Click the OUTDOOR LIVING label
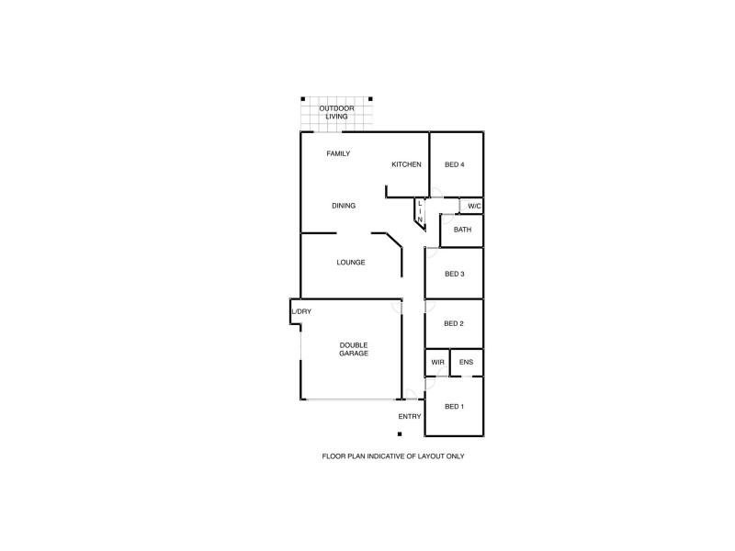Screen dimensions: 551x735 [336, 113]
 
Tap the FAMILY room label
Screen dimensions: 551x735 [338, 153]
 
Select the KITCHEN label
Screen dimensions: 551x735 [406, 164]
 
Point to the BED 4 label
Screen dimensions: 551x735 [455, 164]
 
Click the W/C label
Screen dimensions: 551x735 [474, 206]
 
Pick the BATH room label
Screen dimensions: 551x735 [462, 230]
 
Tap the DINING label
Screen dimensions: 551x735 [344, 206]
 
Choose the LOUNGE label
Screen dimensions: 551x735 [351, 263]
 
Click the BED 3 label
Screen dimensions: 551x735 [455, 274]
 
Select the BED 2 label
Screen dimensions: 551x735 [454, 323]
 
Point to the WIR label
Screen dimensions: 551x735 [437, 363]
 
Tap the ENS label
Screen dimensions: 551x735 [467, 363]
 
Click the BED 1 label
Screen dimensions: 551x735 [455, 407]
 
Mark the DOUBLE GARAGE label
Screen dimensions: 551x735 [354, 349]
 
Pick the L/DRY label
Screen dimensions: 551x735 [301, 312]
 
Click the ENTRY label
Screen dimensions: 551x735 [410, 417]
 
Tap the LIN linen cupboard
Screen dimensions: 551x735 [420, 212]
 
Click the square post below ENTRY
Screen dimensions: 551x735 [401, 434]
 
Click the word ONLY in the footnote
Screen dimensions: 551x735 [455, 456]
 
